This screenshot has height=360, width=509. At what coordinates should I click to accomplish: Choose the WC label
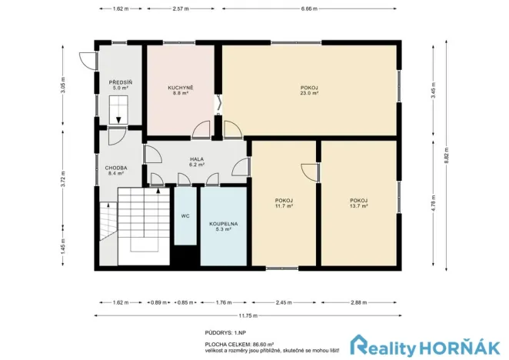point(185,216)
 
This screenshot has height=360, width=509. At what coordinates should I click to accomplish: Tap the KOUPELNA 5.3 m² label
point(224,225)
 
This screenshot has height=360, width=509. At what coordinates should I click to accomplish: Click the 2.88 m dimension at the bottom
point(358,302)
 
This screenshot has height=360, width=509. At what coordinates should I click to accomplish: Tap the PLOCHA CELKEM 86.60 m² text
point(240,345)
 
